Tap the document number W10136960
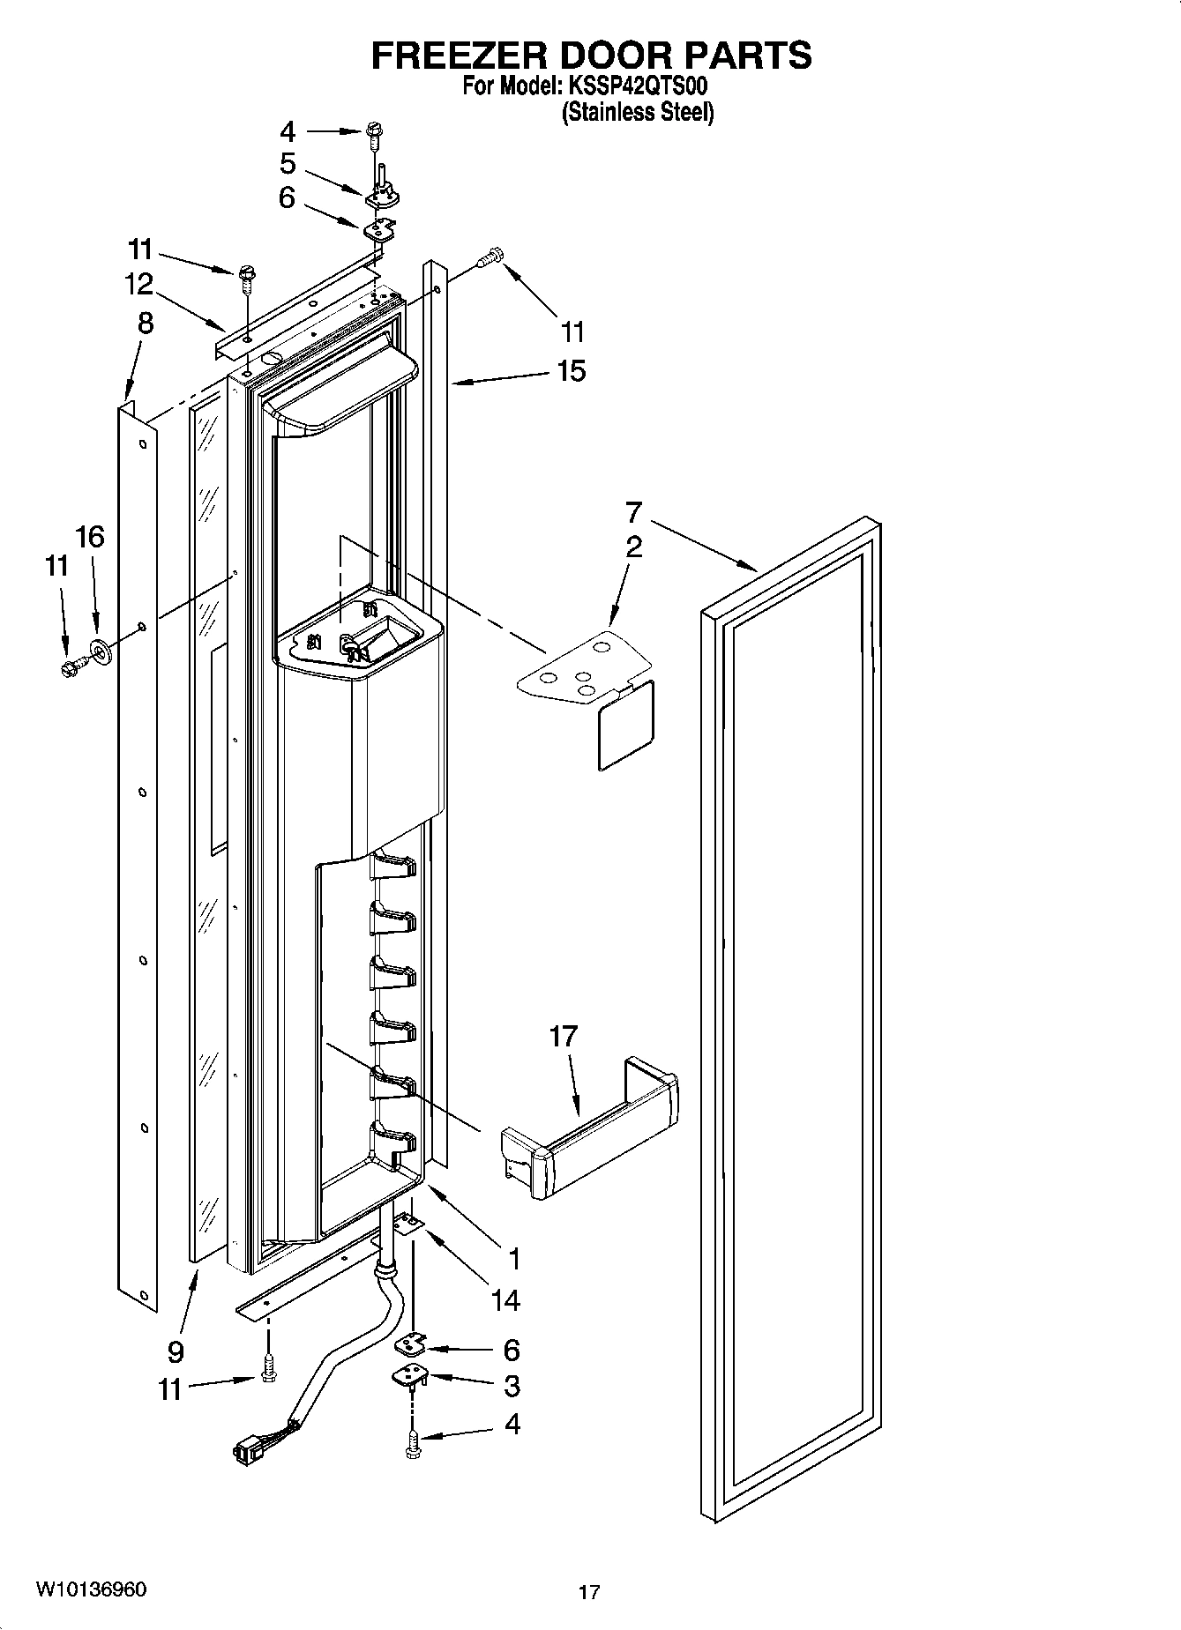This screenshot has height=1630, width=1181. click(x=91, y=1589)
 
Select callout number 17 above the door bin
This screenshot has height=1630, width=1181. click(x=563, y=1036)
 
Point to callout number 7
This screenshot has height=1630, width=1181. click(x=633, y=512)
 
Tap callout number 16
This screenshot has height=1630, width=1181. click(x=90, y=536)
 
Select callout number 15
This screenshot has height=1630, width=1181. click(x=572, y=370)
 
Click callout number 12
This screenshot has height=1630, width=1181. click(x=138, y=284)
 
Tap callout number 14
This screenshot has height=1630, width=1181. click(x=506, y=1299)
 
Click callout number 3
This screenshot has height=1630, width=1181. click(x=511, y=1386)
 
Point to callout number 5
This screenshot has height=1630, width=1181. click(x=288, y=164)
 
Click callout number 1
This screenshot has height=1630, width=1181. click(x=513, y=1259)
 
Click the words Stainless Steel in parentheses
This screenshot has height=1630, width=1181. click(x=638, y=113)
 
